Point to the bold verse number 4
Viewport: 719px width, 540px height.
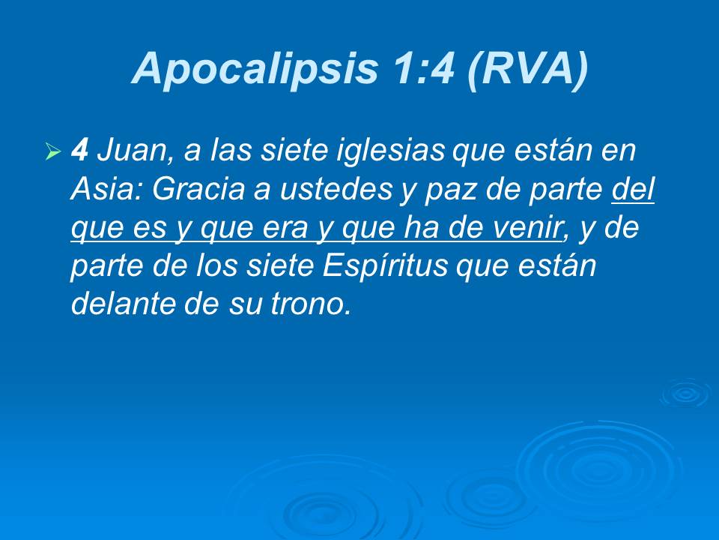[79, 152]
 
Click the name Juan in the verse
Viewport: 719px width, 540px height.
[131, 152]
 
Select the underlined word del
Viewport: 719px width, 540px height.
[634, 190]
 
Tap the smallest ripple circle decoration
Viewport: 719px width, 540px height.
[684, 394]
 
